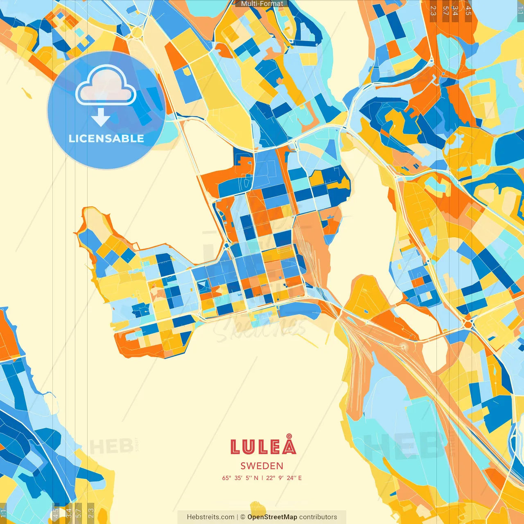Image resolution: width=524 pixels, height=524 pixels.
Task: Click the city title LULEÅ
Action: (x=263, y=446)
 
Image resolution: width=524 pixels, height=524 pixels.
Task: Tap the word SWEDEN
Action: (x=262, y=466)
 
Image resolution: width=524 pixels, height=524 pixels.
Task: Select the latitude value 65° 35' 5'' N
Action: (x=240, y=478)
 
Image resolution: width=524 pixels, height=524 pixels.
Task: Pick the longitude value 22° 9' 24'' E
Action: (x=284, y=478)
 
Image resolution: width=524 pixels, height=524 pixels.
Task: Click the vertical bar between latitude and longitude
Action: (x=262, y=478)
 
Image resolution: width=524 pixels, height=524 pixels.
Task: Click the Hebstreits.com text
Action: (x=210, y=517)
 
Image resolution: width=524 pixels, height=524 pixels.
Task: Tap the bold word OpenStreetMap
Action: (x=272, y=517)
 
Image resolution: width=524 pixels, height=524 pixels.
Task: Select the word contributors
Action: (x=318, y=517)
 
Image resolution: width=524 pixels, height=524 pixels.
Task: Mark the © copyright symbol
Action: (x=243, y=517)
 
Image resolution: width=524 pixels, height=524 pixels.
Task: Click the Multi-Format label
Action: (x=262, y=4)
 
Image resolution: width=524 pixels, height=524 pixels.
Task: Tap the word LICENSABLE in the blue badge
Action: (x=106, y=138)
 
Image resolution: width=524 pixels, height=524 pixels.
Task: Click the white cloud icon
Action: (x=106, y=86)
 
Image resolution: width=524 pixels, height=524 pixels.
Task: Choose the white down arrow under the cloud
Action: (x=101, y=117)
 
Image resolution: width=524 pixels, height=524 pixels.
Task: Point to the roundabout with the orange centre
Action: (x=468, y=324)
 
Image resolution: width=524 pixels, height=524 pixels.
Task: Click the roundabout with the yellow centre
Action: (x=137, y=32)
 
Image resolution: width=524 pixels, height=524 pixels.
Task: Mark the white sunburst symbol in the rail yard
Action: (x=404, y=347)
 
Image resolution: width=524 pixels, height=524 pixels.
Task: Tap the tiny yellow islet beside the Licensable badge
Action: (x=27, y=93)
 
